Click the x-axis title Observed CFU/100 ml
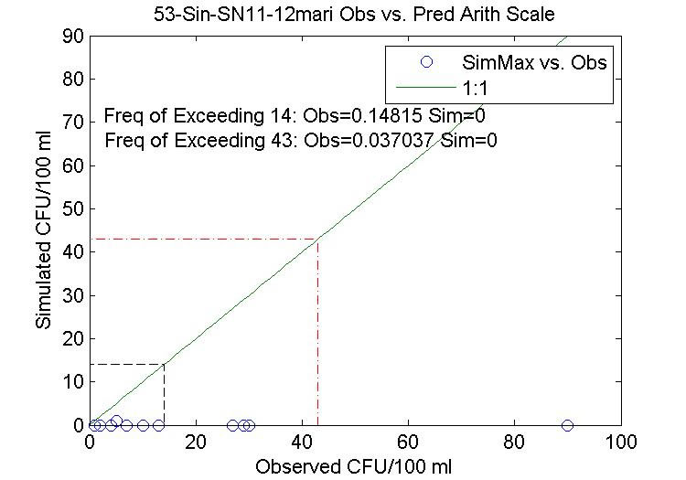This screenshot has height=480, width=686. pos(354,465)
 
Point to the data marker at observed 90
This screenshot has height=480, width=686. pos(567,425)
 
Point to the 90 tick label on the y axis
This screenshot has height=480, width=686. pos(73,37)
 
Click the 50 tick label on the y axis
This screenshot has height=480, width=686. pos(73,208)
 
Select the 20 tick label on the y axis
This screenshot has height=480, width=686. pos(73,338)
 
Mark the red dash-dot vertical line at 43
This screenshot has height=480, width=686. pos(317,338)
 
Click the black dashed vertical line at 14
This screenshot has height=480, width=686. pos(164,398)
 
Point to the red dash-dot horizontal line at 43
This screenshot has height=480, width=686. pos(201,240)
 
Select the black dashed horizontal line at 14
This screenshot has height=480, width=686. pos(126,364)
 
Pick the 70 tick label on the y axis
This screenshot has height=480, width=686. pos(73,123)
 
